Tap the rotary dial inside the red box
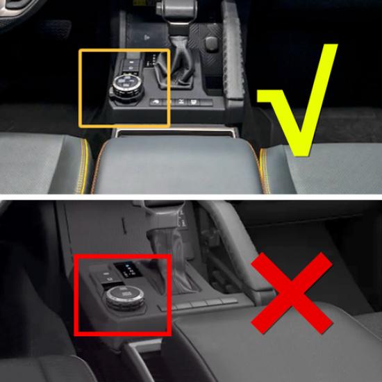pos(122,300)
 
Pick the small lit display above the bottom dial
pos(127,268)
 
